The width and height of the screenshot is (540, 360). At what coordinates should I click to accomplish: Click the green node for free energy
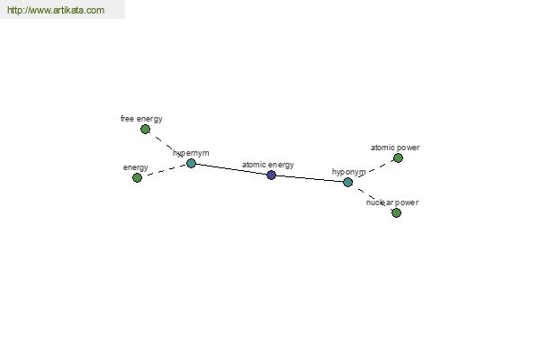[x=145, y=130]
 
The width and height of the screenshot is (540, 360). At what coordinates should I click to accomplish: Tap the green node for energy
[x=137, y=178]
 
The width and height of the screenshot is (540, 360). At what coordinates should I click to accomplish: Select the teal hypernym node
[x=191, y=163]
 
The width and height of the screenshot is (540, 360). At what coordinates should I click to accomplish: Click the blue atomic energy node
[x=272, y=175]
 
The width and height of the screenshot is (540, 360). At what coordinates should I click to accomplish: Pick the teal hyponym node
[x=347, y=182]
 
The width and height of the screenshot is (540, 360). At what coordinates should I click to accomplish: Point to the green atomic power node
[x=398, y=158]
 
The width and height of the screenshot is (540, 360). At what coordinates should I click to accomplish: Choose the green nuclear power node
[x=396, y=213]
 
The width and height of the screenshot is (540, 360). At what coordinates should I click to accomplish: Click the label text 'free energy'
[x=141, y=119]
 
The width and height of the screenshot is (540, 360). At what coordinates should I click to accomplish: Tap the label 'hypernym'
[x=191, y=153]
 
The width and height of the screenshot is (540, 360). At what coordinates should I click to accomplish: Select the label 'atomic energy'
[x=268, y=165]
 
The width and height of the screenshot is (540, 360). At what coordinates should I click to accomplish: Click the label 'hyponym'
[x=348, y=172]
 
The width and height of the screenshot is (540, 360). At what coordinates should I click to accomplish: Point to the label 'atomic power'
[x=395, y=148]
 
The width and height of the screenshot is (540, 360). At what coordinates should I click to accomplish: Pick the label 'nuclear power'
[x=392, y=202]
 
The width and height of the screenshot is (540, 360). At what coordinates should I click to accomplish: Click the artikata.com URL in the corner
[x=56, y=10]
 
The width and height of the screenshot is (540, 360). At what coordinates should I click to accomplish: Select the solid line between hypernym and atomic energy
[x=231, y=169]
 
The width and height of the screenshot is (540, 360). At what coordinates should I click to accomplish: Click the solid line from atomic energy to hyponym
[x=310, y=179]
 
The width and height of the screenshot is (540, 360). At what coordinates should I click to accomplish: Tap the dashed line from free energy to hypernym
[x=168, y=147]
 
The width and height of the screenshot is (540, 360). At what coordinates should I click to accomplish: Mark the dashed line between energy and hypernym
[x=164, y=170]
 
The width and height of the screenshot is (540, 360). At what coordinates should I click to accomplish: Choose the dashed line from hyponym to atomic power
[x=373, y=170]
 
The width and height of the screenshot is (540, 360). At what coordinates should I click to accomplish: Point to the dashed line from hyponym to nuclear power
[x=372, y=197]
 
